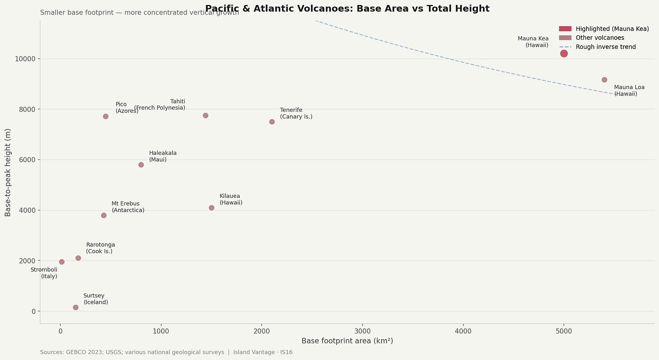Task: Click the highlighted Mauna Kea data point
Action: [563, 53]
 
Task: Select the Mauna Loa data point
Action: [604, 80]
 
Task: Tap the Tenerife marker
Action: [272, 122]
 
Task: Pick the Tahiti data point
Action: [205, 115]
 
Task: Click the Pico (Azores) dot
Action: [105, 116]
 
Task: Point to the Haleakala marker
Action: [141, 165]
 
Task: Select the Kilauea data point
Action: [211, 208]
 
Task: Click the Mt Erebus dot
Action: [104, 216]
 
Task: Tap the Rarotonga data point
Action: [78, 258]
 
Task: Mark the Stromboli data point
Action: [62, 262]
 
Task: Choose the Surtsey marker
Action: [76, 307]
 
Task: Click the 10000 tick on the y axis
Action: [25, 59]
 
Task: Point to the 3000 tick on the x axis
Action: [362, 331]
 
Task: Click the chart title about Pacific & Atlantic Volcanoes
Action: [347, 9]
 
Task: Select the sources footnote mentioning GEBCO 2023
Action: [166, 352]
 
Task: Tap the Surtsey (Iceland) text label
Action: [96, 299]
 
